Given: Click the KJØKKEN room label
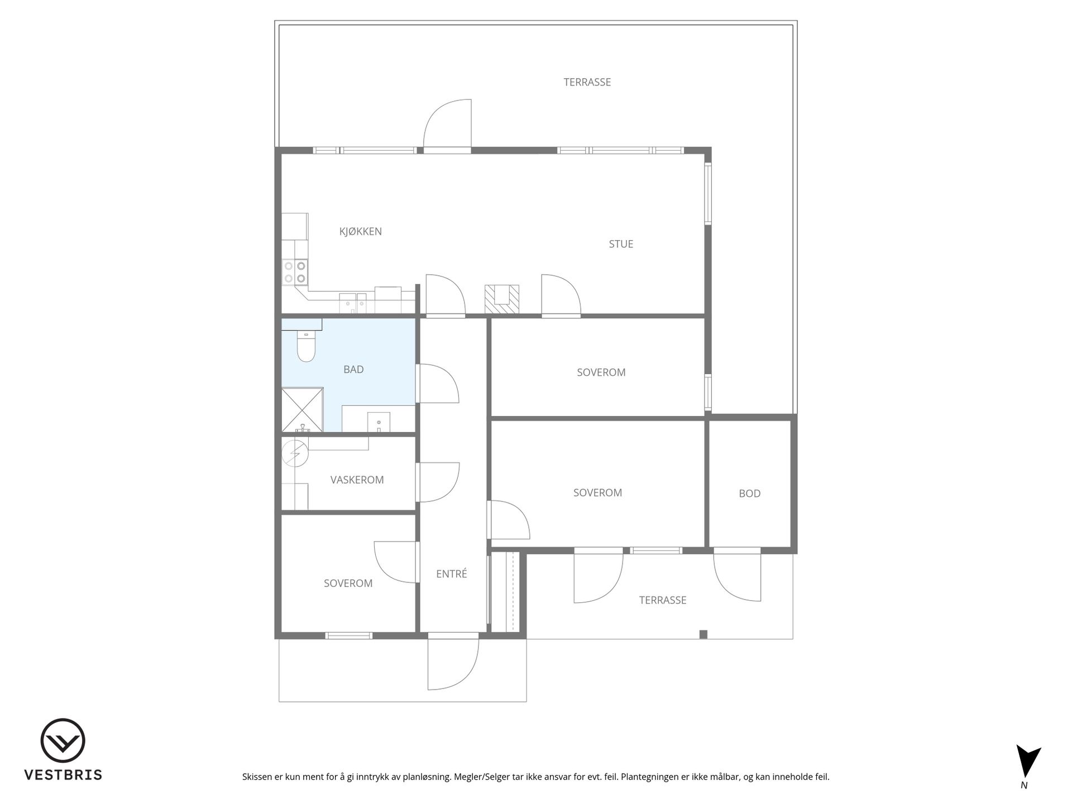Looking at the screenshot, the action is (360, 232).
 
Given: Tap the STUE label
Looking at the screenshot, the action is (621, 244).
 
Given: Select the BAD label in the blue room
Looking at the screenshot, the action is (353, 369).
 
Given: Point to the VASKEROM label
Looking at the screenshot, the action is (357, 480).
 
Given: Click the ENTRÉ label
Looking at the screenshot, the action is (451, 573).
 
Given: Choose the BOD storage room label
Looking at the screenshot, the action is (749, 494).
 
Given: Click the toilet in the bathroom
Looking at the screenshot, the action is (306, 346).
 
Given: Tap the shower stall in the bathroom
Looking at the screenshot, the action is (302, 410).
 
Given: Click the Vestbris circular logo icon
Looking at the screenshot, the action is (63, 740).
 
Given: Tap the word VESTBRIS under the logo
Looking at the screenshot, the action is (63, 775).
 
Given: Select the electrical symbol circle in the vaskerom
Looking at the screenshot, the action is (295, 453).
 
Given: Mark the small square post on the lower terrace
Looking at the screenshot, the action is (703, 634).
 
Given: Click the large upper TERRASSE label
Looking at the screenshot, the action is (587, 82).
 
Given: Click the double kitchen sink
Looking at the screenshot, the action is (353, 303).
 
